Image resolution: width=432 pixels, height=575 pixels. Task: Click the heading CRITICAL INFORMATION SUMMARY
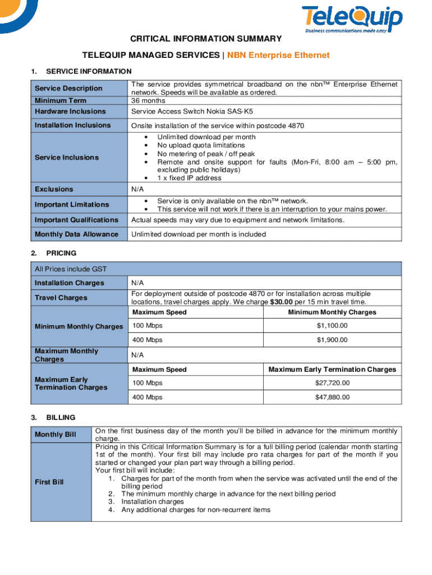coord(206,39)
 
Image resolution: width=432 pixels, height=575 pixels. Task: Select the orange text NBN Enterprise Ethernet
coord(278,55)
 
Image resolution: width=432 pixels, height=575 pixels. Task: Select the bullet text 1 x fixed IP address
coord(189,178)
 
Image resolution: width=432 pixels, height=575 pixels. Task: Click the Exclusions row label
coord(54,189)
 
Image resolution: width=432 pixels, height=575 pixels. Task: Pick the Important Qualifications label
coord(76,220)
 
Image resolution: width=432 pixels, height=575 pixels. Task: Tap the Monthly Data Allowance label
coord(76,234)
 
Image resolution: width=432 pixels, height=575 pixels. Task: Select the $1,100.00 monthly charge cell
coord(332,326)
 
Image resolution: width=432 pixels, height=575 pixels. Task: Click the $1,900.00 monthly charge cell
coord(332,340)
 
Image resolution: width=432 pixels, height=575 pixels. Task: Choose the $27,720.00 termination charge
coord(332,383)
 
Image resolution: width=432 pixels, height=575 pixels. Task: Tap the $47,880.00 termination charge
coord(332,397)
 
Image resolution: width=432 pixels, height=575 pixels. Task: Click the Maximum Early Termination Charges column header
coord(332,369)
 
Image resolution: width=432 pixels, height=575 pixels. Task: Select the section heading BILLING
coord(61,418)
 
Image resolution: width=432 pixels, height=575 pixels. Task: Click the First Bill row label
coord(50,482)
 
